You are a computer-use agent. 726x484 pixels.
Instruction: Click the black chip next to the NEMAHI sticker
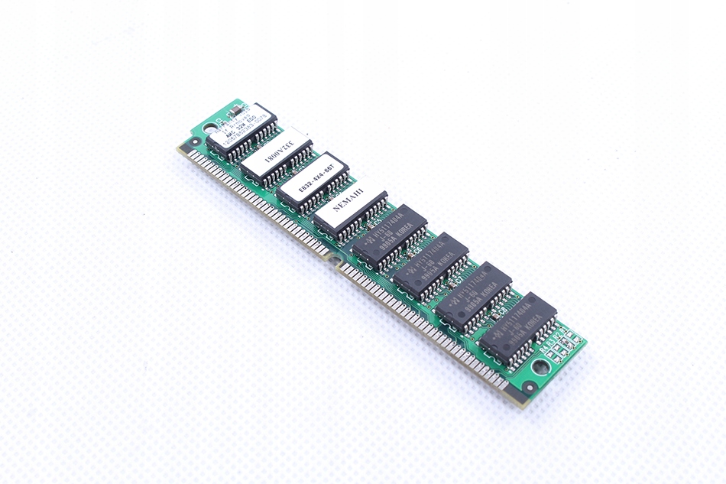coord(389,234)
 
